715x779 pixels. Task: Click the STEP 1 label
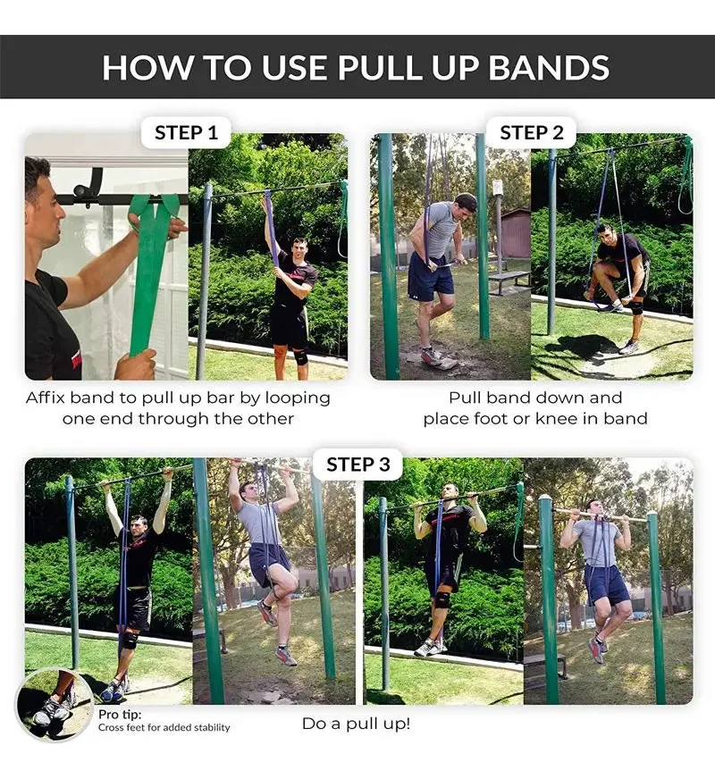point(186,132)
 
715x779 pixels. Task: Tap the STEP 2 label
point(532,132)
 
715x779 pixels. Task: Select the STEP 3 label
point(357,464)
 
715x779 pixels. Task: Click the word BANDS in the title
point(549,68)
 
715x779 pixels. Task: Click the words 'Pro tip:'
point(120,715)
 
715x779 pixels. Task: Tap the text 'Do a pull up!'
point(357,724)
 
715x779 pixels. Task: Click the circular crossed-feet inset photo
point(54,705)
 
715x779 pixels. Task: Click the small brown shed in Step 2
point(516,233)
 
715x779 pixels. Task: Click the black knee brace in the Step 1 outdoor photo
point(299,356)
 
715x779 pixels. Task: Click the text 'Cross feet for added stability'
point(164,727)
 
